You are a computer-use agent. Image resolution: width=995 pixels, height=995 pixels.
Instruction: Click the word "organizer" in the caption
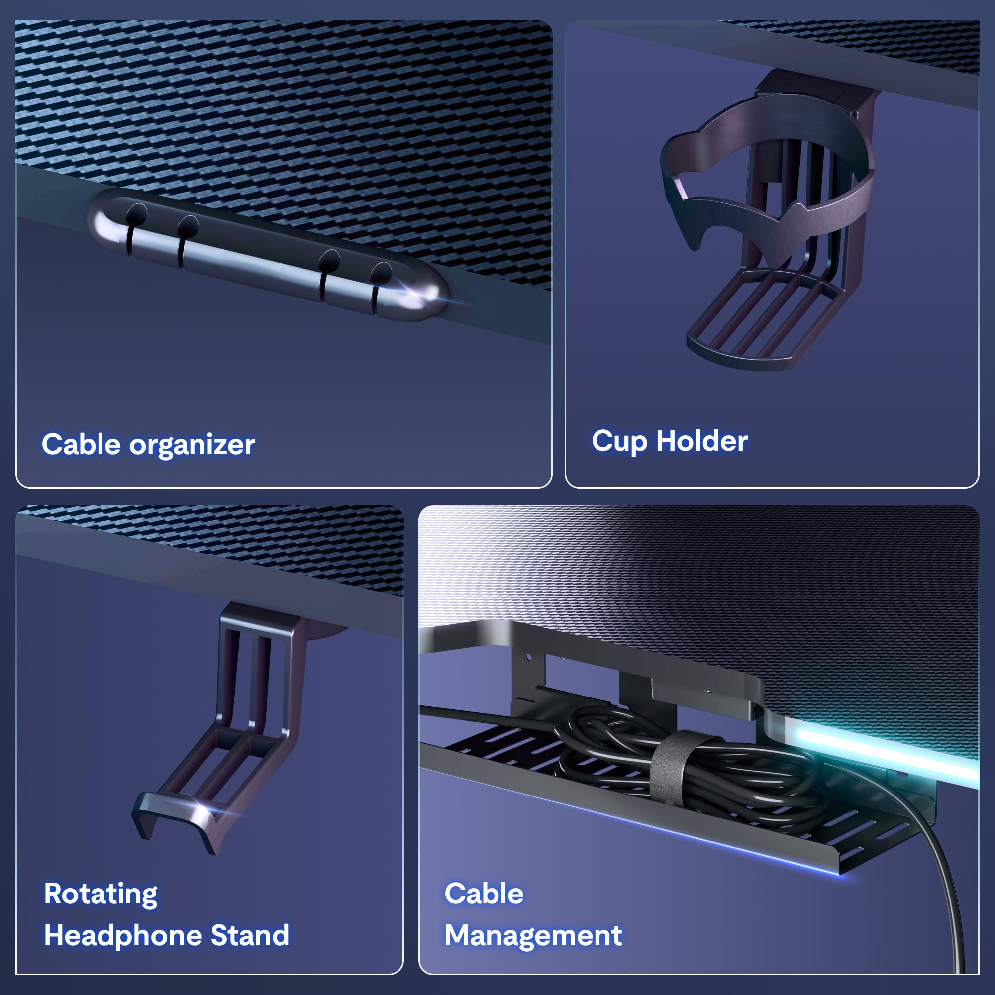coord(192,445)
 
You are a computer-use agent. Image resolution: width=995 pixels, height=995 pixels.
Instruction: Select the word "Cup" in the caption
coord(619,441)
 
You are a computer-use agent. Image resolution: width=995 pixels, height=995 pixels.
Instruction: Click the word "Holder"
coord(701,441)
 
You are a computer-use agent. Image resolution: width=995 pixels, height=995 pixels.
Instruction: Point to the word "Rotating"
coord(100,894)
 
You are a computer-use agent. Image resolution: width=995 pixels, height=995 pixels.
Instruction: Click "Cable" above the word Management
coord(484,894)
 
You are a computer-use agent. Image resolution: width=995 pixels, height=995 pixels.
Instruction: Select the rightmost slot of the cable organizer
coord(376,289)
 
